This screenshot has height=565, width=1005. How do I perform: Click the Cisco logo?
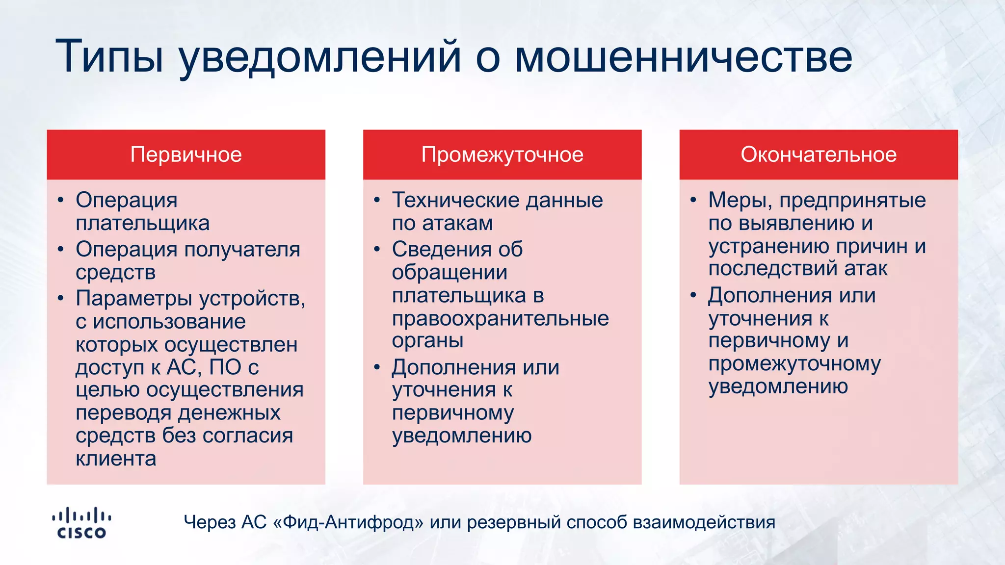tap(81, 523)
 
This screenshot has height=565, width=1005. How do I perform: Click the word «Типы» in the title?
tap(109, 56)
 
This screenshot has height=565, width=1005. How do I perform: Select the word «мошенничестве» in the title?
tap(683, 56)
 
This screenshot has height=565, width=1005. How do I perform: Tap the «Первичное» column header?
tap(186, 154)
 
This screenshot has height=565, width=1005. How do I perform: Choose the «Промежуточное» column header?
tap(502, 154)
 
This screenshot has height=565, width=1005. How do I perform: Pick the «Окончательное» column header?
tap(819, 154)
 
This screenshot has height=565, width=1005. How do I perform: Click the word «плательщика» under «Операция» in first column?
tap(142, 223)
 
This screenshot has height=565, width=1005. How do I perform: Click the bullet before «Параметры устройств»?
tap(60, 298)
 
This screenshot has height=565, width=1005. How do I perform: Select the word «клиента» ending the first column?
tap(116, 459)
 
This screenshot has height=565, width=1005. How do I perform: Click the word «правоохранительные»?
tap(500, 319)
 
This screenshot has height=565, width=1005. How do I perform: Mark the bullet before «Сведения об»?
tap(377, 249)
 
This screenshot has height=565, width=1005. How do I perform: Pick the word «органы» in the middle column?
tap(427, 340)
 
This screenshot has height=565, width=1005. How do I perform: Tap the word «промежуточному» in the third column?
tap(794, 364)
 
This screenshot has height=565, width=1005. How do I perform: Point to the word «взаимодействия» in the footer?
tap(704, 522)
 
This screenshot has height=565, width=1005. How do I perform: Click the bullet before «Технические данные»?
tap(377, 200)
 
